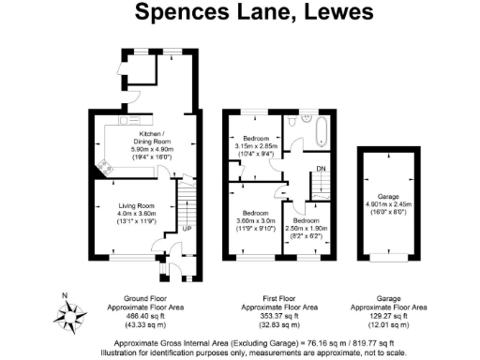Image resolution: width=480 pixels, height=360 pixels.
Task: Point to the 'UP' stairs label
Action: pyautogui.click(x=186, y=228)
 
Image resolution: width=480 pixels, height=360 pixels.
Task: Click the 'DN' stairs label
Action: pyautogui.click(x=322, y=169)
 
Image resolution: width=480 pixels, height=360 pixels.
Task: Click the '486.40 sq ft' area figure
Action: pyautogui.click(x=141, y=315)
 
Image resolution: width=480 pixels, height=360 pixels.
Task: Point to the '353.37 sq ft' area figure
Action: pyautogui.click(x=278, y=315)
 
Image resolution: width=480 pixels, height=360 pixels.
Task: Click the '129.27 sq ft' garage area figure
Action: pyautogui.click(x=388, y=315)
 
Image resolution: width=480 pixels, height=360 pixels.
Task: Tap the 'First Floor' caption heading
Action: pyautogui.click(x=278, y=297)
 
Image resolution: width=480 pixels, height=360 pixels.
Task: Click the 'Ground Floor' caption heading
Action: pyautogui.click(x=141, y=297)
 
